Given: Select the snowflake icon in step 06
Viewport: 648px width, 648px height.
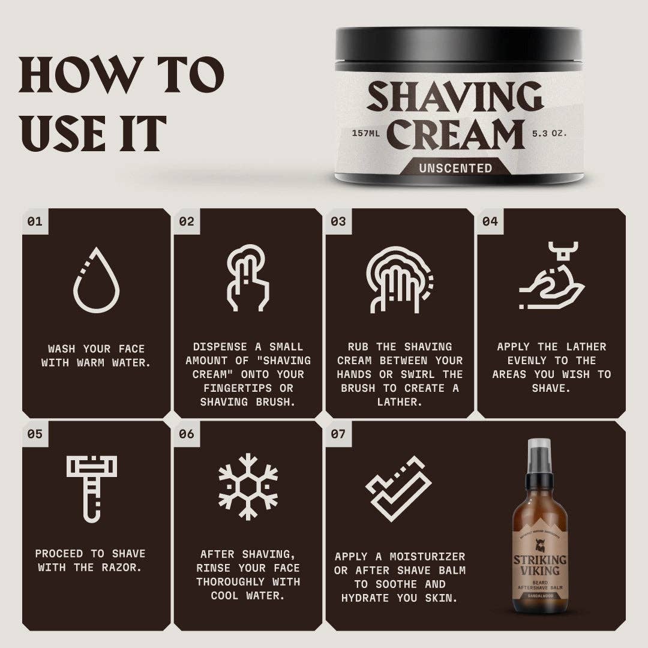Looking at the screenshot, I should [248, 486].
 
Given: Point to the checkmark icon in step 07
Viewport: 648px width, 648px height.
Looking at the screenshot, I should [399, 488].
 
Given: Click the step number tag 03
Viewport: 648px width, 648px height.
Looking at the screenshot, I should [338, 221].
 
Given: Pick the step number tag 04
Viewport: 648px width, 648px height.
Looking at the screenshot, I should [490, 221].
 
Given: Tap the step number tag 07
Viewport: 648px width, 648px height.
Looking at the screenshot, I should [338, 433].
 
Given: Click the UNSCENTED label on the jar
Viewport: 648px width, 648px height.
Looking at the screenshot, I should [455, 168].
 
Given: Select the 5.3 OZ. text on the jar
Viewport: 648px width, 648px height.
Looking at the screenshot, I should [549, 133].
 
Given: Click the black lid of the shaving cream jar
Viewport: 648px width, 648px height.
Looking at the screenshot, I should [458, 45].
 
